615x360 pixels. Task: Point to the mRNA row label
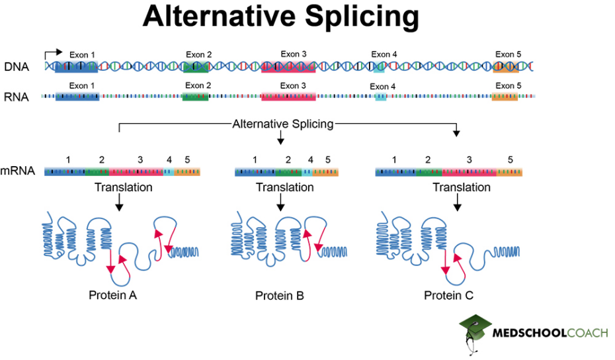pos(18,171)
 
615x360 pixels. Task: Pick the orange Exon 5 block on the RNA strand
pos(505,97)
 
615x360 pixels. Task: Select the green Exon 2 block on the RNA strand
pos(195,97)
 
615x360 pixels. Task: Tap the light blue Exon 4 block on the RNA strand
pos(381,97)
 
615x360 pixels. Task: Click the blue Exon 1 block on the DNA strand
pos(75,66)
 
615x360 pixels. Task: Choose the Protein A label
pos(113,295)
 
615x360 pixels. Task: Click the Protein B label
pos(280,296)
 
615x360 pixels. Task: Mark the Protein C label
pos(449,295)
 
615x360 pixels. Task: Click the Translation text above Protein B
pos(285,187)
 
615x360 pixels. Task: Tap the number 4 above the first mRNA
pos(169,159)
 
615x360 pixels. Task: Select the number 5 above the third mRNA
pos(510,159)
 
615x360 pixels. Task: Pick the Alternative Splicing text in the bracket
pos(282,124)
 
